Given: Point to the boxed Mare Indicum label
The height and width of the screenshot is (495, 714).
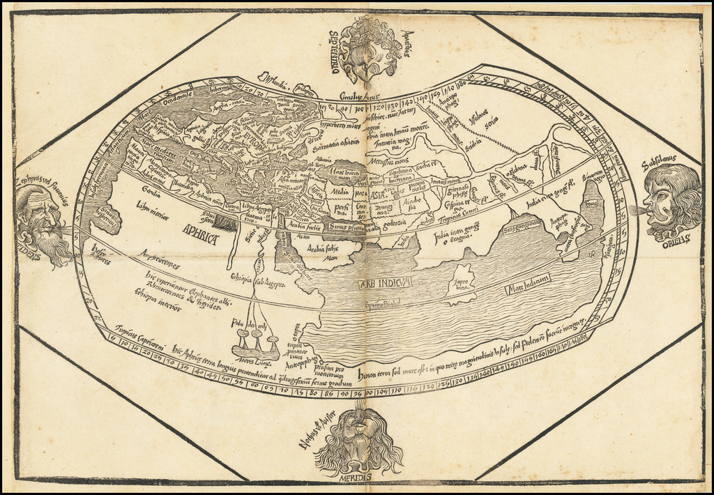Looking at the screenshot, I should (529, 277).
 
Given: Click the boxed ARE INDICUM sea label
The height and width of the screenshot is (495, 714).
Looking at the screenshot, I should (385, 282).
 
